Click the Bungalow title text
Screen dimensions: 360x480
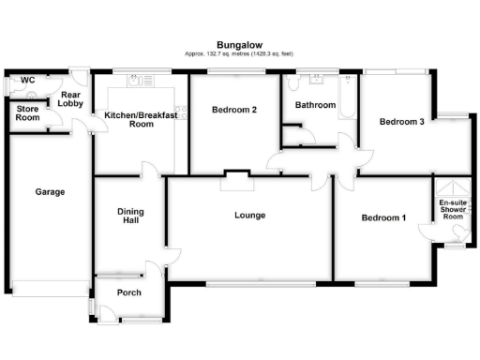tap(239, 44)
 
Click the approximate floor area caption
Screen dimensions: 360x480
tap(239, 54)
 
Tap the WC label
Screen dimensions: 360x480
tap(27, 81)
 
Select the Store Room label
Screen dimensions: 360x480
tap(27, 112)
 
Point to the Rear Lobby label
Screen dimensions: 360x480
tap(71, 99)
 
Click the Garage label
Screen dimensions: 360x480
tap(50, 192)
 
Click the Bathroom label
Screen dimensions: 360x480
tap(315, 106)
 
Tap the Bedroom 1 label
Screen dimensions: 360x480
tap(384, 218)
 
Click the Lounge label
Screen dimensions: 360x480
tap(249, 216)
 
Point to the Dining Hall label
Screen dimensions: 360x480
tap(129, 215)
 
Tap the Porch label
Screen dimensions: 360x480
tap(128, 292)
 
